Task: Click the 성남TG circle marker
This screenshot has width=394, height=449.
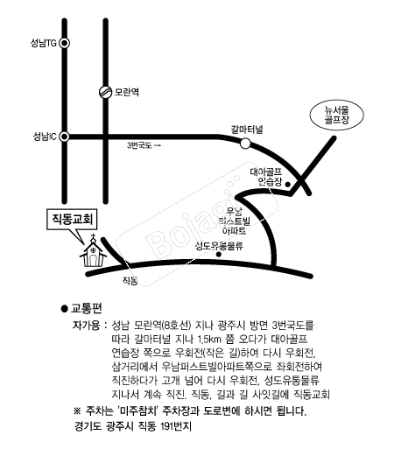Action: [x=65, y=43]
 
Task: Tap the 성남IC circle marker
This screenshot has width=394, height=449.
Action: [x=65, y=137]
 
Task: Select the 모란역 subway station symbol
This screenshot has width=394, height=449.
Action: [x=106, y=92]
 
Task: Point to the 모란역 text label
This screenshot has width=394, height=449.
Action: [x=126, y=92]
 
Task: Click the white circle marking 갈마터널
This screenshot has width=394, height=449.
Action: [x=245, y=144]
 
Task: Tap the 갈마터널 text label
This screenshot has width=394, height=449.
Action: [x=247, y=130]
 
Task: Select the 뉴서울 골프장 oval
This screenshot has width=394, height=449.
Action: [x=337, y=115]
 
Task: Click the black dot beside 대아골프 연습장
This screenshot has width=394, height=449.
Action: [x=287, y=184]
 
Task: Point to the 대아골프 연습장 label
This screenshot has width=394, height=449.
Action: [x=266, y=177]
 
